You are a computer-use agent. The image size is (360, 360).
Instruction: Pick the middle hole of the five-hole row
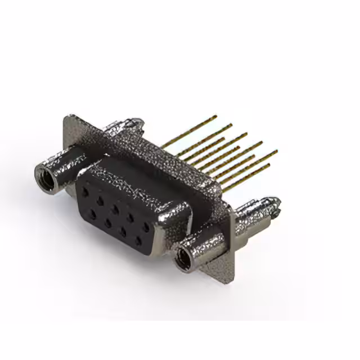[115, 208]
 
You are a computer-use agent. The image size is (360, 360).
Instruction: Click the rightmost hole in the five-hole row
[146, 227]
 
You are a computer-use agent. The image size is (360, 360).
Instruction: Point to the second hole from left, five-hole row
[100, 200]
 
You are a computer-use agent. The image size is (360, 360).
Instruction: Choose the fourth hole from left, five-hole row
[130, 218]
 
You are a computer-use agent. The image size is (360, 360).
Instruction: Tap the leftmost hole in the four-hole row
[90, 214]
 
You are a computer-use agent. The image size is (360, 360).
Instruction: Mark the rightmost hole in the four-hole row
[138, 242]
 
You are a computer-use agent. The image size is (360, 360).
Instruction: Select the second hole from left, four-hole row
[107, 223]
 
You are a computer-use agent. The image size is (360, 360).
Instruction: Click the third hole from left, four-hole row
[123, 233]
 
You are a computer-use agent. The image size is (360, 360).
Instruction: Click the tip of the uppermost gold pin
[216, 117]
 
